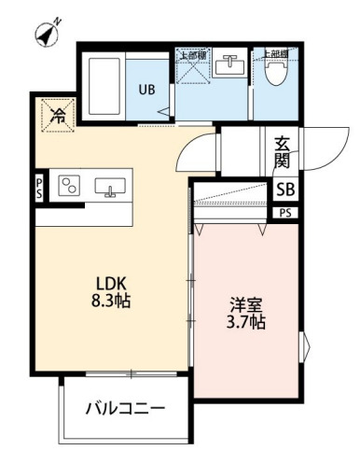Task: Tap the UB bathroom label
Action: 147,91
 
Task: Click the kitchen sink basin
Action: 111,187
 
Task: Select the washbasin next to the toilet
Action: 229,66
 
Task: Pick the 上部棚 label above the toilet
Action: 275,54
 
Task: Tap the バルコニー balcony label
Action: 127,408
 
